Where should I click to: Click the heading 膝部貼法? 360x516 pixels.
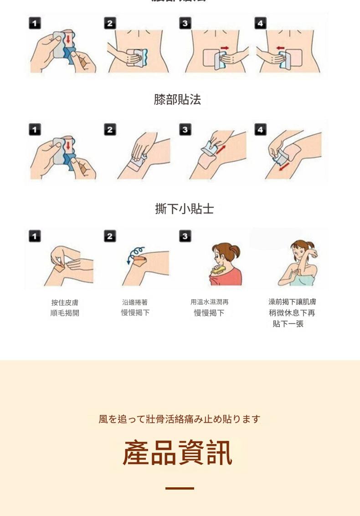(x=177, y=100)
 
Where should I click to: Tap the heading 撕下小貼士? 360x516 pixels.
(x=184, y=209)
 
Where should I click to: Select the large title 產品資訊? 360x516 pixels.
(x=178, y=453)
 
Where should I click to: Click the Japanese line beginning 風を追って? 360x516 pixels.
(x=180, y=419)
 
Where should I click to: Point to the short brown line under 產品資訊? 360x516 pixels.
(x=180, y=488)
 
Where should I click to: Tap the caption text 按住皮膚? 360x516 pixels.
(x=65, y=302)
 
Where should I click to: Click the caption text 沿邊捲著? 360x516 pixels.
(x=135, y=302)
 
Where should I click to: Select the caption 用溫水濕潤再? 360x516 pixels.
(x=209, y=302)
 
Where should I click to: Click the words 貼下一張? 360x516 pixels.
(x=288, y=324)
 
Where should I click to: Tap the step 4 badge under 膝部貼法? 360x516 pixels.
(x=260, y=130)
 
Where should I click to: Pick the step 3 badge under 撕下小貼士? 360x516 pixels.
(x=185, y=236)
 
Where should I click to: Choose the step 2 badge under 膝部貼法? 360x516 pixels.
(x=109, y=130)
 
